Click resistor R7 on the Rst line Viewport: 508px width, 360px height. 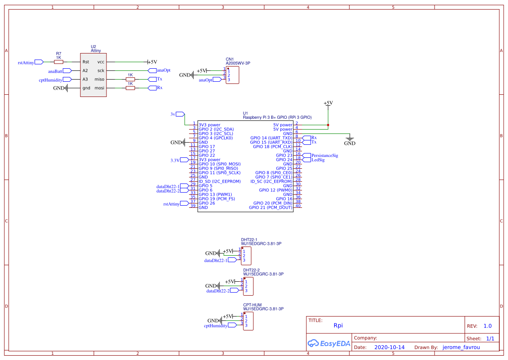pos(59,62)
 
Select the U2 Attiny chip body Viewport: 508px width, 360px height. pos(93,75)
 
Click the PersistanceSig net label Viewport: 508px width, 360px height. pos(324,155)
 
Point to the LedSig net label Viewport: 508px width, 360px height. pos(318,160)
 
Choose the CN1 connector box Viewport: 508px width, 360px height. pos(232,75)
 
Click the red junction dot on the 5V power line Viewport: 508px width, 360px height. pos(328,125)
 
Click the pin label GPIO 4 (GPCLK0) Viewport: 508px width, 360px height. pos(216,138)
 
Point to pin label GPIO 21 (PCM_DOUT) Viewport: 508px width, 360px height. pos(270,207)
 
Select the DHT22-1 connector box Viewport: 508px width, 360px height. pos(246,255)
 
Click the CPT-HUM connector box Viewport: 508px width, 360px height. pos(248,321)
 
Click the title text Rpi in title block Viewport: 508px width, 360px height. pos(338,325)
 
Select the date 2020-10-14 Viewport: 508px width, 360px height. pos(389,347)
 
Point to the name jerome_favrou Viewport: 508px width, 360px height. pos(462,347)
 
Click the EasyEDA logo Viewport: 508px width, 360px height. pos(329,343)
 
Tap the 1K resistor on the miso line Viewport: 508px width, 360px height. pos(130,80)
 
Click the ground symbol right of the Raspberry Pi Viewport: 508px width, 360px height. pos(349,140)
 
